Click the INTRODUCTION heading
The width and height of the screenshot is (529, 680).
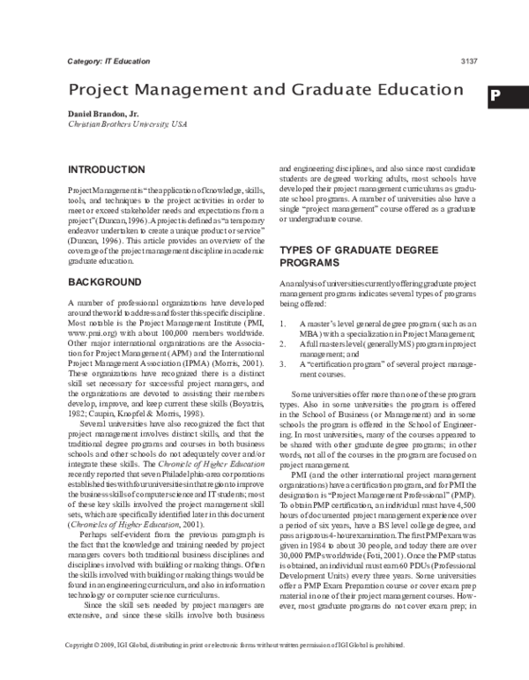(107, 168)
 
